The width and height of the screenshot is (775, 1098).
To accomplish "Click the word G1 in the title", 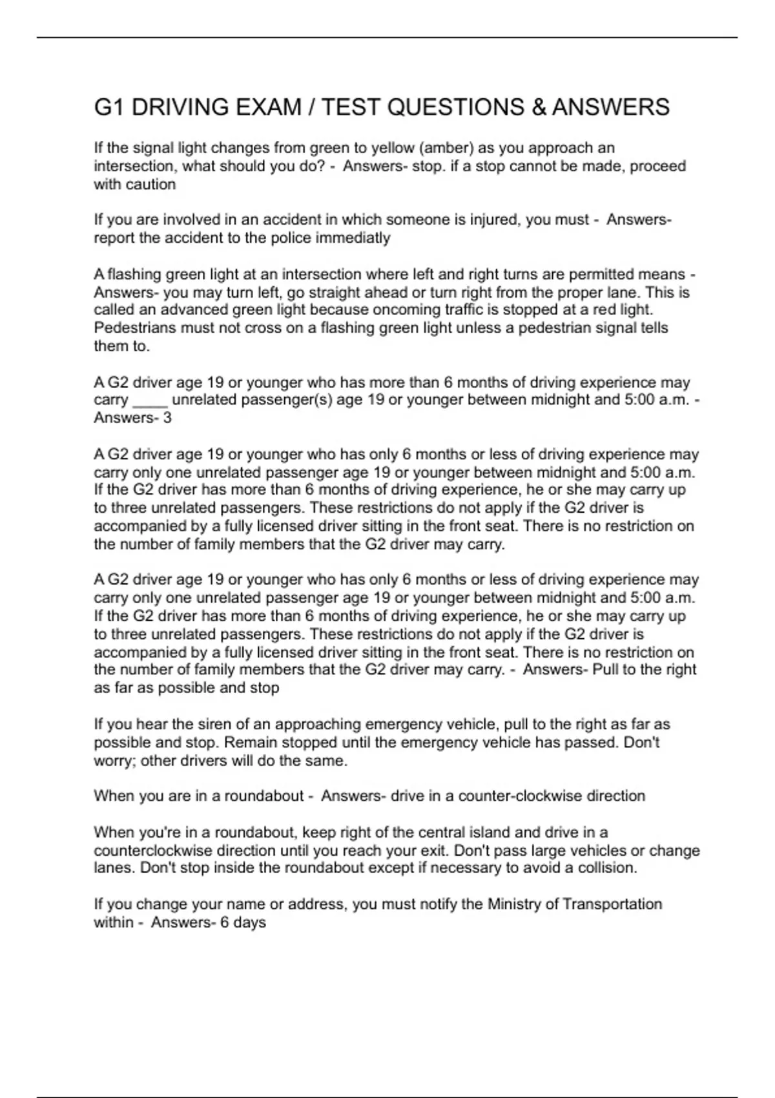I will pos(109,107).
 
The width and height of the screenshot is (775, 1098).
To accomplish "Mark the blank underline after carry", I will pos(150,400).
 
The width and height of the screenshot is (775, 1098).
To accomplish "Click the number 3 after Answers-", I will pos(167,418).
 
